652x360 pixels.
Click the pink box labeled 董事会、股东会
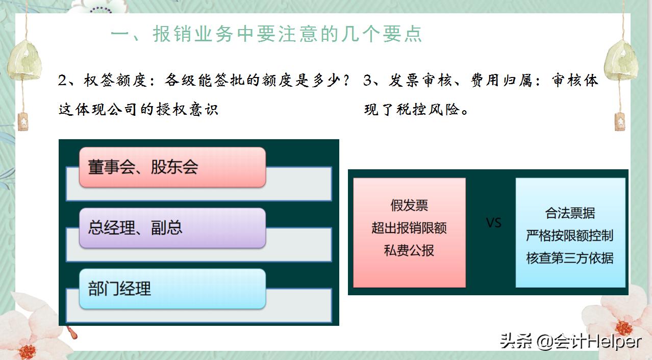(172, 167)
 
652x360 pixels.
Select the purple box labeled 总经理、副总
(172, 228)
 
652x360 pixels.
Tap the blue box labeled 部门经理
(172, 289)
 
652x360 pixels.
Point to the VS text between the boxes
(493, 223)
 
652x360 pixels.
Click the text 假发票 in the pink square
(409, 205)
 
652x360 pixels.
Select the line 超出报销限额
(409, 228)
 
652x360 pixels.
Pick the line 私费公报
(409, 250)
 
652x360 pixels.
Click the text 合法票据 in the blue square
(570, 213)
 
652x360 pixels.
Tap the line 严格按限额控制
(570, 236)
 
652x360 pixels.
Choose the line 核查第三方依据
(570, 258)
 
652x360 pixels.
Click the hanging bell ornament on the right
(620, 61)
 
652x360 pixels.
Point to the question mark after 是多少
(347, 81)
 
